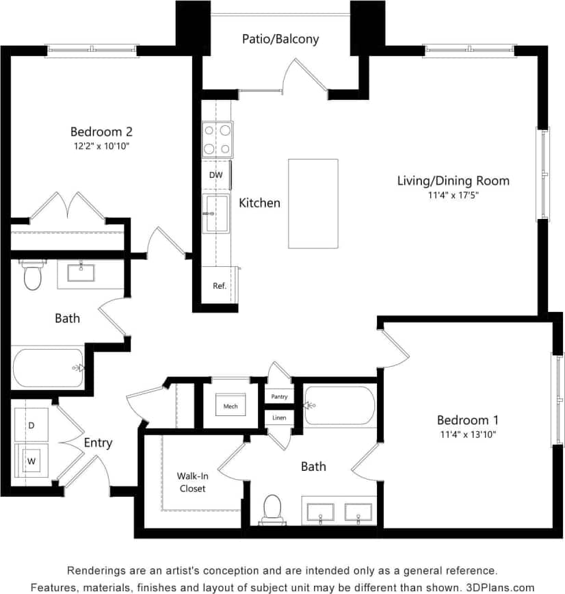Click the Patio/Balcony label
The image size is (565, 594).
click(280, 39)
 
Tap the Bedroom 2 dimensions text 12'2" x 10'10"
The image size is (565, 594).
click(101, 146)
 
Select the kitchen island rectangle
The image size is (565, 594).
click(313, 203)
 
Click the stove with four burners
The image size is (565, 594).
click(217, 140)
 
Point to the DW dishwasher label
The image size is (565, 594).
click(215, 175)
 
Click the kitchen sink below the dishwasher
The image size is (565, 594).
click(216, 213)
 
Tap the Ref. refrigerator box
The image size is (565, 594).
click(220, 285)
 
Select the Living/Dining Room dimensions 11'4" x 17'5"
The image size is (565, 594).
click(453, 195)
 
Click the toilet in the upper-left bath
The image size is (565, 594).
click(32, 276)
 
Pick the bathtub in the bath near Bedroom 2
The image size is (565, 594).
click(48, 367)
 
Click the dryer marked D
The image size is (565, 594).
click(31, 425)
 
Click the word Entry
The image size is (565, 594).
click(98, 443)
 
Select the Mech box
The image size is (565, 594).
click(231, 406)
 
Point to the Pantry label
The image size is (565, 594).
click(279, 396)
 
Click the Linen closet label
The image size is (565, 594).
click(279, 417)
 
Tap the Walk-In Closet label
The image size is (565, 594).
click(192, 482)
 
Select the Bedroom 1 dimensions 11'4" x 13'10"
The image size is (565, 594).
click(468, 434)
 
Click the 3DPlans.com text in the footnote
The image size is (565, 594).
click(501, 586)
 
